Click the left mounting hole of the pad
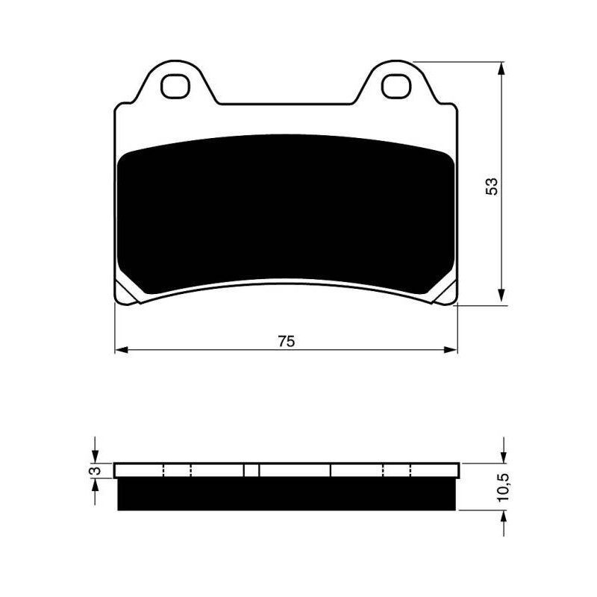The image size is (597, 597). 175,86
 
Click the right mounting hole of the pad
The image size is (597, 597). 396,86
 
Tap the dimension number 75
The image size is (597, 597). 286,342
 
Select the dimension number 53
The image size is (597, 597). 492,186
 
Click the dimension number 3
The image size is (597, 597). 96,471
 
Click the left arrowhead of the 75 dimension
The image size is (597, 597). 121,349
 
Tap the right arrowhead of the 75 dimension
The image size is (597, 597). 451,349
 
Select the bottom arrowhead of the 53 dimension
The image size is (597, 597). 501,295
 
